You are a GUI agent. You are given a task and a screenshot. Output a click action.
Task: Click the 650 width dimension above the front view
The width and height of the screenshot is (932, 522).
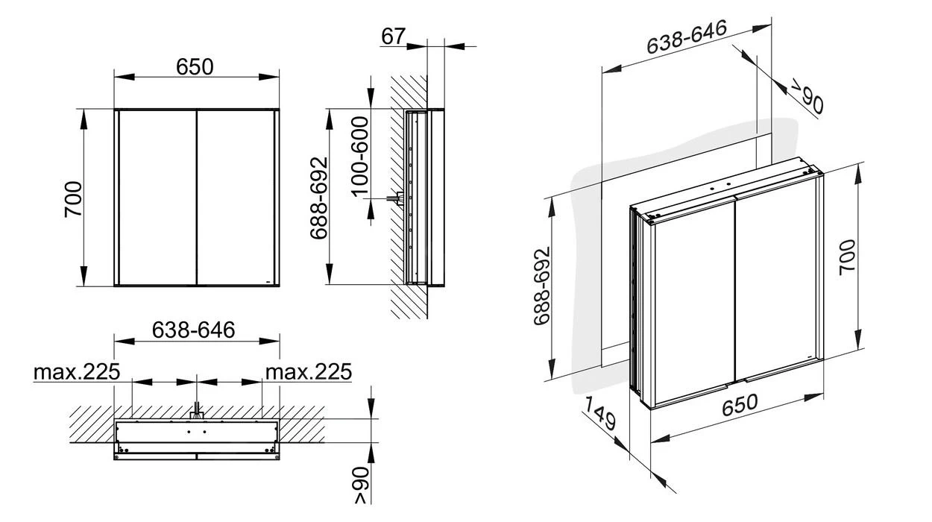(195, 67)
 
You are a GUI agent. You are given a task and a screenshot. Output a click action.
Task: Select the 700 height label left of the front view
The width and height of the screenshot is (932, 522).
(73, 198)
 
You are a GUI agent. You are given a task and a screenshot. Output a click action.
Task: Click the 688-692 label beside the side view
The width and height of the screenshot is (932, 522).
(318, 198)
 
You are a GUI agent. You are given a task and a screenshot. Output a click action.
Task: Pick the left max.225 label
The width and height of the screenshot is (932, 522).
(76, 371)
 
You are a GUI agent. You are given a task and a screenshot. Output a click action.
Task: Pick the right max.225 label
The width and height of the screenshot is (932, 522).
(309, 371)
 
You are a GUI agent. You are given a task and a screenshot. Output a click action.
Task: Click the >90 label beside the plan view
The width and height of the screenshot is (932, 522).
(360, 486)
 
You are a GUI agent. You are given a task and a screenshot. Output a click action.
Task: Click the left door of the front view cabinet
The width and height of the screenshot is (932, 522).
(157, 198)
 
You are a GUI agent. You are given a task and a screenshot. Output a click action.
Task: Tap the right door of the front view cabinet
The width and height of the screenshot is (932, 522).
(235, 198)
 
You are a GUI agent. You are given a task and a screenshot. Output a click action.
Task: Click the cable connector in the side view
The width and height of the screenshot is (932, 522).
(393, 199)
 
